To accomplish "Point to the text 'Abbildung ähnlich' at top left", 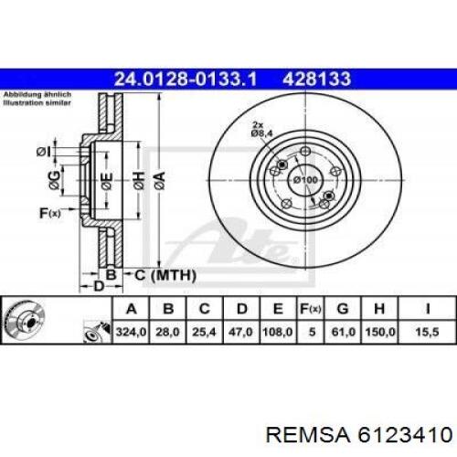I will (34, 95).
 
